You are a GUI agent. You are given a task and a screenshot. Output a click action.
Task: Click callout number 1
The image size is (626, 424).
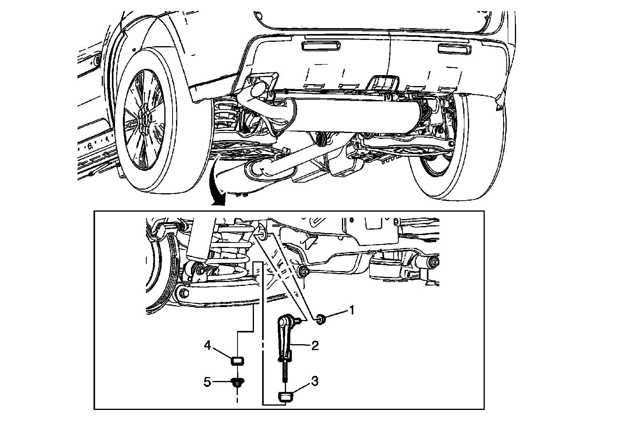pos(352,311)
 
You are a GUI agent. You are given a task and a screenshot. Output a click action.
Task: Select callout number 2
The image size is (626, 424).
pos(315,345)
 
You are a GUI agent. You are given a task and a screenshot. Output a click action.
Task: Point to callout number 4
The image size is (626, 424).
pos(207,345)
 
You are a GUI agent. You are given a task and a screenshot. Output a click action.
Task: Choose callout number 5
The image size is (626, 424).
pos(207,381)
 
